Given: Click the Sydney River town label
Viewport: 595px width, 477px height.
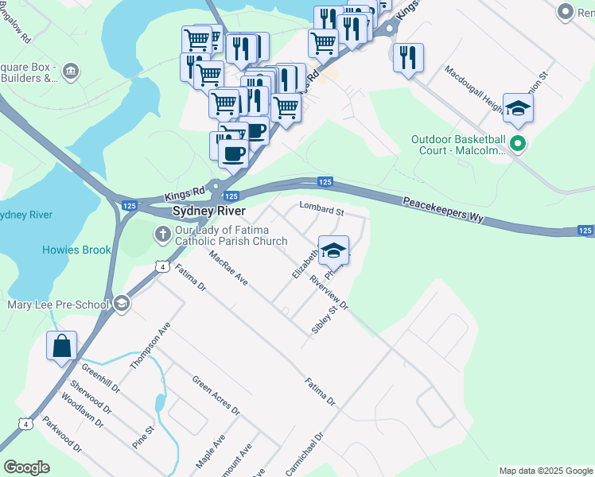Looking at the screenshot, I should [x=209, y=211].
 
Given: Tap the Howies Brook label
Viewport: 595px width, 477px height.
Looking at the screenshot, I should [x=76, y=250].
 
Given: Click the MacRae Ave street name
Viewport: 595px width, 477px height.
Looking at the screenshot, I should [x=228, y=270].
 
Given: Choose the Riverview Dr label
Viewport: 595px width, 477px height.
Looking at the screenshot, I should [x=329, y=292].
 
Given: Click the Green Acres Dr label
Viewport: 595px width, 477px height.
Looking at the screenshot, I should [x=216, y=394].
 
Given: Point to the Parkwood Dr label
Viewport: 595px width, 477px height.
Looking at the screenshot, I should [x=62, y=434].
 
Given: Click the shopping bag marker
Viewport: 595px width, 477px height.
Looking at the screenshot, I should [x=61, y=347].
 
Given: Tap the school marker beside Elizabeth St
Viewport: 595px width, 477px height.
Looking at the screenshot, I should [x=334, y=250].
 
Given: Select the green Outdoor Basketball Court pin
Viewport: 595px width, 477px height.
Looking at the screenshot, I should [x=518, y=145].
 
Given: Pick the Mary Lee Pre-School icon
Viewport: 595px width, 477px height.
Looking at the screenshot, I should [x=122, y=302].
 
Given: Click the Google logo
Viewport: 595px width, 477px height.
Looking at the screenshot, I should [x=26, y=467].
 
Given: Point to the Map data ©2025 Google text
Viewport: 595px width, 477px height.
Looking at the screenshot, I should [x=546, y=471].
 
